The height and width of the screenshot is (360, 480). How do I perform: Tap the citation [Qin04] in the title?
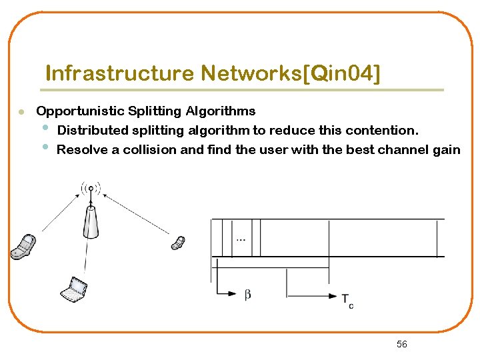341,73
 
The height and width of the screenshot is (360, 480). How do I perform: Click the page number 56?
401,344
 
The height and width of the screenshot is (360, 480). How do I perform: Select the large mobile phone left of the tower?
23,246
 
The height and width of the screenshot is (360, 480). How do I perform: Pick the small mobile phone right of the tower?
178,242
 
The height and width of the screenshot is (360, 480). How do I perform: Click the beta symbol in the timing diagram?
247,294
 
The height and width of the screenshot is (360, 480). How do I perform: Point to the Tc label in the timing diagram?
347,301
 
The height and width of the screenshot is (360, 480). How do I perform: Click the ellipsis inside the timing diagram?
239,239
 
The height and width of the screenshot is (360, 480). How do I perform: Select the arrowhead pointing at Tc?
333,296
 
